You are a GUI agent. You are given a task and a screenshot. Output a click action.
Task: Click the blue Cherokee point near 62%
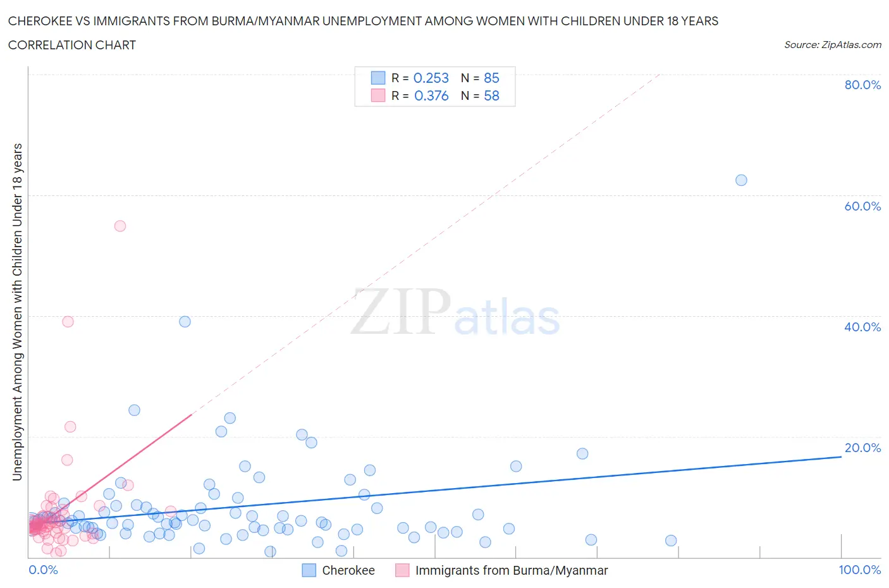click(741, 180)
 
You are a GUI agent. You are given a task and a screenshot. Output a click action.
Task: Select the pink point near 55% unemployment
click(120, 226)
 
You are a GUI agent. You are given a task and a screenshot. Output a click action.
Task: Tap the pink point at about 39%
click(68, 321)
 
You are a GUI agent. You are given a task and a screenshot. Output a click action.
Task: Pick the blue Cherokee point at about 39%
click(185, 321)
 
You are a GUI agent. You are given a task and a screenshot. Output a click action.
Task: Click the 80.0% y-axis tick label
click(862, 85)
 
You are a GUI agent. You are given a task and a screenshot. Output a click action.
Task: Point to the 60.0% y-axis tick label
click(862, 206)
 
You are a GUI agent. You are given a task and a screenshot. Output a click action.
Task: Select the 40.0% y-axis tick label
click(862, 327)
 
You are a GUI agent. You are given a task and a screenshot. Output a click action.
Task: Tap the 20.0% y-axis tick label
click(862, 448)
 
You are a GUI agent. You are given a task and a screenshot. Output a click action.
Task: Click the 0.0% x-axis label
click(43, 570)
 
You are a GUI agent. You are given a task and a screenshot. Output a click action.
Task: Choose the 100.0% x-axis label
click(859, 570)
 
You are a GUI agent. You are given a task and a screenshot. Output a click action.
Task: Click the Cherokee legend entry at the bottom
click(348, 570)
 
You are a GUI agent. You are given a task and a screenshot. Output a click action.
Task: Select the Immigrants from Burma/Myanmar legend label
click(511, 570)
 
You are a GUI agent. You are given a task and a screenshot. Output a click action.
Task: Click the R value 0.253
click(431, 78)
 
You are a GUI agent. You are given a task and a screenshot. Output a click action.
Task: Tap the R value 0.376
click(431, 95)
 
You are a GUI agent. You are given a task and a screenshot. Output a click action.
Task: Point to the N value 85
click(491, 78)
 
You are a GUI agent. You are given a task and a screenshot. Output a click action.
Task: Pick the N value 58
click(491, 95)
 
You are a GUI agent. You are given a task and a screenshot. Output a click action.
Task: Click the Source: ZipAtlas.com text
click(832, 44)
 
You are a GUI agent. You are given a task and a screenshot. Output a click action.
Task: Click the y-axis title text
click(17, 312)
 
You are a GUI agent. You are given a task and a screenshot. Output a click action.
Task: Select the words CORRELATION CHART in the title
click(72, 45)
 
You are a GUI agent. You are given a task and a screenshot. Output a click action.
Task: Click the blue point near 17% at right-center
click(582, 453)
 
